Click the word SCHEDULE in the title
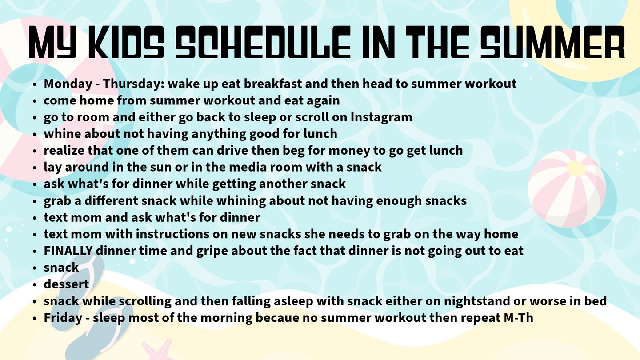point(263,42)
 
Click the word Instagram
point(381,117)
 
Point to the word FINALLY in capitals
point(68,251)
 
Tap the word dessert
point(66,284)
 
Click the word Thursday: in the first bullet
point(133,84)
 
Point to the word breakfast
point(272,84)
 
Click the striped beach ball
point(567,188)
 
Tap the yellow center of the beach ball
point(576,168)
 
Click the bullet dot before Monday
point(35,84)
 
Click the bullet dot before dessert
point(35,284)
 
